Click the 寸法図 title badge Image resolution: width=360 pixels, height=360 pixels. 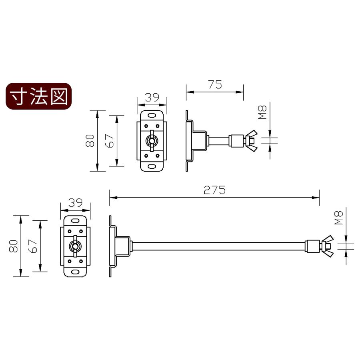pos(38,96)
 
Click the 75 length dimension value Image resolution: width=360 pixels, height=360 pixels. pos(215,85)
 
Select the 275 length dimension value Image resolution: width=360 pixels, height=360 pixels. pos(215,190)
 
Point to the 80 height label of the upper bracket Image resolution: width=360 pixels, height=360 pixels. pos(90,140)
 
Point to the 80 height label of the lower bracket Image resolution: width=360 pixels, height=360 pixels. pos(14,246)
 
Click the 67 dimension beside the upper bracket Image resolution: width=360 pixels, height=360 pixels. pos(110,140)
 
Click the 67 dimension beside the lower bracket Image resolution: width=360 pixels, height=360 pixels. pos(33,246)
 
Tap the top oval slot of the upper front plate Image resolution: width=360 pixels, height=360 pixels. pos(152,115)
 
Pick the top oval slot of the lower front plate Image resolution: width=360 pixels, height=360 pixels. pos(75,220)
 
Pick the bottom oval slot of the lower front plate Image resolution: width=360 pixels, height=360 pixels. pos(75,271)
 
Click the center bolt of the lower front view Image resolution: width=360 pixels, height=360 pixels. pos(75,246)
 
